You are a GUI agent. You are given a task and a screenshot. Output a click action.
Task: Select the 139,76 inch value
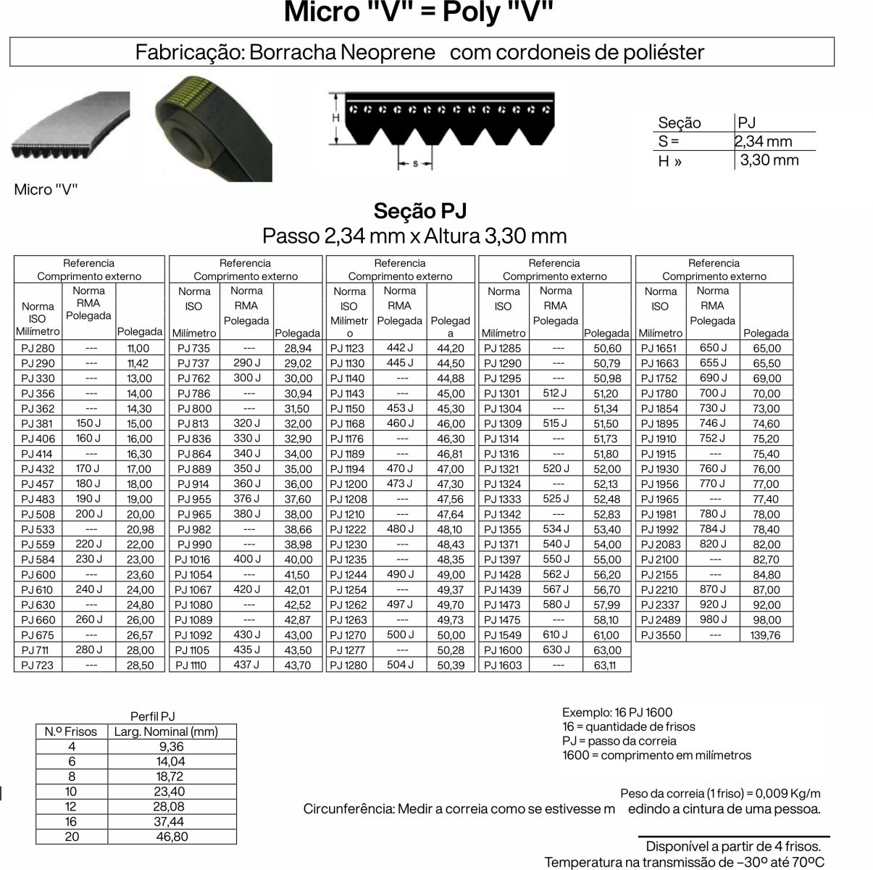click(x=766, y=635)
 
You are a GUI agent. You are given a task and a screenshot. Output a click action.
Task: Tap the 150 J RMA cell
click(x=88, y=423)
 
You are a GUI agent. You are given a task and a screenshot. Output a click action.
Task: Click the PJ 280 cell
click(x=38, y=348)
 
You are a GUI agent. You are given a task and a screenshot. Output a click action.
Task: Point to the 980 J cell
click(x=713, y=619)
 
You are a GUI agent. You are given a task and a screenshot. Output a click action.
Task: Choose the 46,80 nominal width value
click(x=172, y=837)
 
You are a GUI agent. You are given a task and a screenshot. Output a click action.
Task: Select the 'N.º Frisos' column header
click(x=71, y=732)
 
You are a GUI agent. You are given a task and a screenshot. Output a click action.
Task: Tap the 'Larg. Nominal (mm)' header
click(x=166, y=732)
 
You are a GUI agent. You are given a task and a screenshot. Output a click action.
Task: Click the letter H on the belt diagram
click(x=336, y=117)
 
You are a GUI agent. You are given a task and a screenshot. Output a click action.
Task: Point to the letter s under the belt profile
click(x=415, y=164)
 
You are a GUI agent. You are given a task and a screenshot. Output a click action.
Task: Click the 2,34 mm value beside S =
click(x=764, y=141)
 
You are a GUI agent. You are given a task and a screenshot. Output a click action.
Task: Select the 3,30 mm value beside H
click(x=769, y=160)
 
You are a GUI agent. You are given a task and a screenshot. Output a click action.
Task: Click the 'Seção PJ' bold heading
click(x=420, y=211)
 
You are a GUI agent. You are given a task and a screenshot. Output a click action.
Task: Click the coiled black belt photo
click(x=214, y=128)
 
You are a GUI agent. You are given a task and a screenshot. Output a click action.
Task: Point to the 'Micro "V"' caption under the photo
click(x=46, y=190)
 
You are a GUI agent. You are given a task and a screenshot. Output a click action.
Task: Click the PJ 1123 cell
click(x=347, y=348)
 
